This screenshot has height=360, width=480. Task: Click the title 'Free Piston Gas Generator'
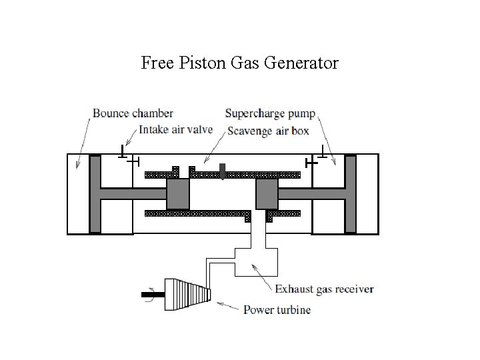point(240,63)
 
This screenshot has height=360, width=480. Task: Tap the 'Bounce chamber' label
point(133,113)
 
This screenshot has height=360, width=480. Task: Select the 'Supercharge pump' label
point(271,113)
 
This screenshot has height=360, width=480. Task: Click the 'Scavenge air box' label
point(268,131)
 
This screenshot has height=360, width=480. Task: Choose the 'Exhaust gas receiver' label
point(325,289)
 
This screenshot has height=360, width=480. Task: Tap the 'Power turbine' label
point(277,309)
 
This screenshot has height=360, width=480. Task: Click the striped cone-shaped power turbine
point(189,291)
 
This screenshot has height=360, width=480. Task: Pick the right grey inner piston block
point(267,194)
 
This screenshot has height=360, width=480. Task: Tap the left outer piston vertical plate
point(95,193)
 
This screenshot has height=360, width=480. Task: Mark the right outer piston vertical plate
point(351,193)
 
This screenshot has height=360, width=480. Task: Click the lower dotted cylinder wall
point(193,213)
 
